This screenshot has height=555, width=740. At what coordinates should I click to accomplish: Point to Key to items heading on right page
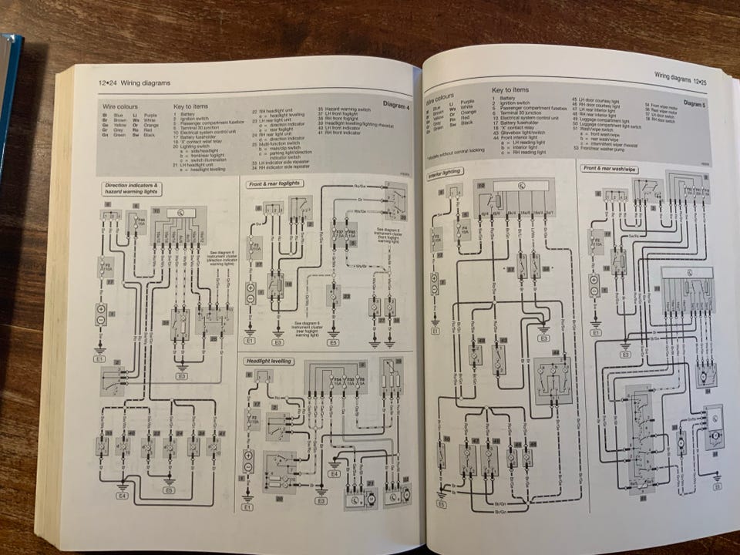[x=510, y=90]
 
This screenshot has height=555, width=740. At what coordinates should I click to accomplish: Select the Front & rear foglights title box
[x=274, y=183]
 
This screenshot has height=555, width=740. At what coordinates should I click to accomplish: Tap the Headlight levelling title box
[x=267, y=361]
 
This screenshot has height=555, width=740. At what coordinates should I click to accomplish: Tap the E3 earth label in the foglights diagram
[x=278, y=341]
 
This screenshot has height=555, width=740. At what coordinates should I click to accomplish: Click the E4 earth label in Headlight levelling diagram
[x=335, y=474]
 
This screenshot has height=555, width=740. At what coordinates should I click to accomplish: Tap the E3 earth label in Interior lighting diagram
[x=543, y=338]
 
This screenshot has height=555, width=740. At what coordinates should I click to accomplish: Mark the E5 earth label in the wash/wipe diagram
[x=717, y=487]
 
